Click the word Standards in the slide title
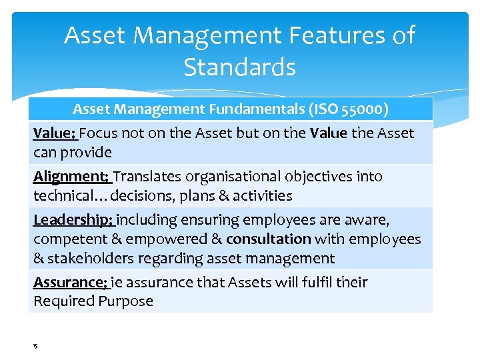[x=239, y=67]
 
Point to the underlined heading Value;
[x=55, y=133]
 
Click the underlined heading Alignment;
[x=72, y=177]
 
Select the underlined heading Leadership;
[x=74, y=220]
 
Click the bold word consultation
[x=269, y=239]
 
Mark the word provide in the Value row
[x=86, y=153]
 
